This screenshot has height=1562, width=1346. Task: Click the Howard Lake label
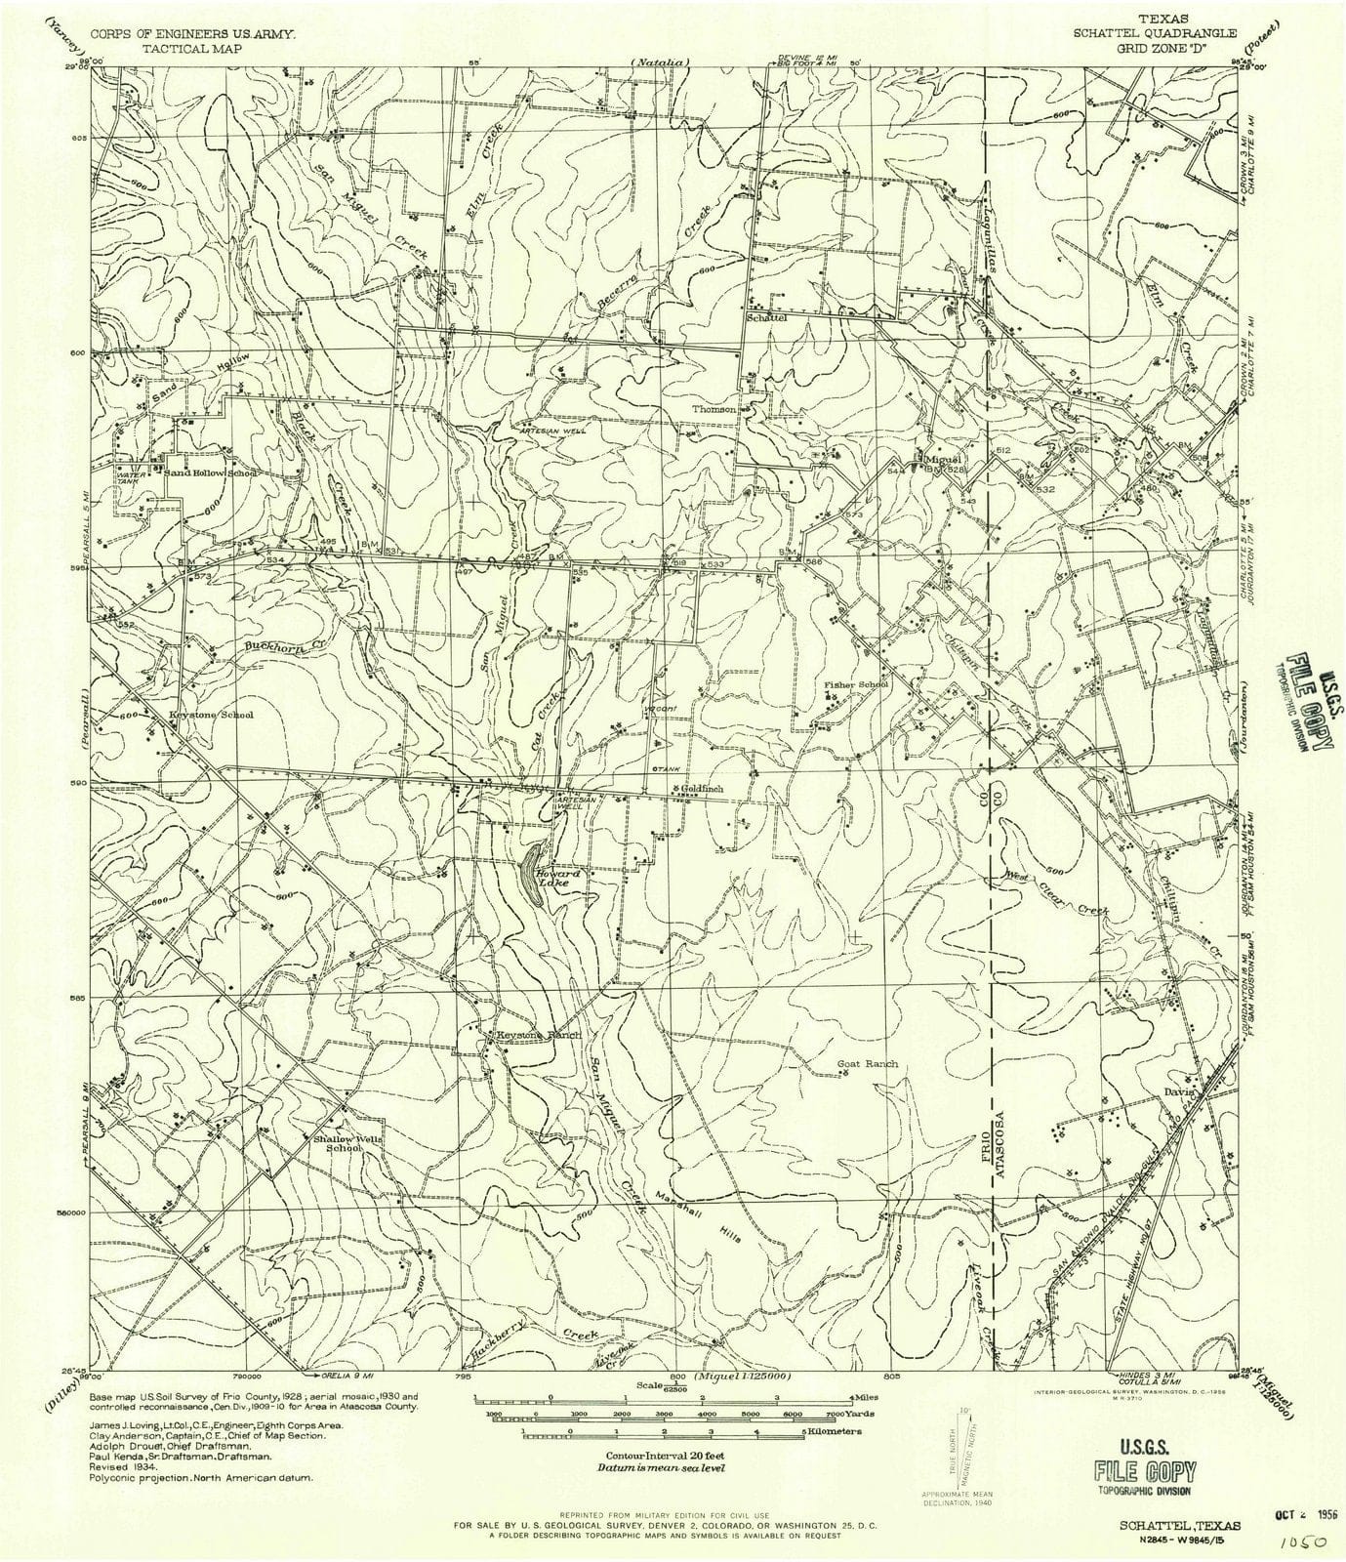pyautogui.click(x=561, y=879)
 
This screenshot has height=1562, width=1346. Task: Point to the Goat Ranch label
pyautogui.click(x=868, y=1064)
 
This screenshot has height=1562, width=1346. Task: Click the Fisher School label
pyautogui.click(x=855, y=684)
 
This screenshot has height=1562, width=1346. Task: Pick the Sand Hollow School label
pyautogui.click(x=210, y=473)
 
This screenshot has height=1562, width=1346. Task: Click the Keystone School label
pyautogui.click(x=212, y=715)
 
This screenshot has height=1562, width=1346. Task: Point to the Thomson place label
pyautogui.click(x=714, y=409)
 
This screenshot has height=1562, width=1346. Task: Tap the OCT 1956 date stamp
pyautogui.click(x=1307, y=1498)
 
